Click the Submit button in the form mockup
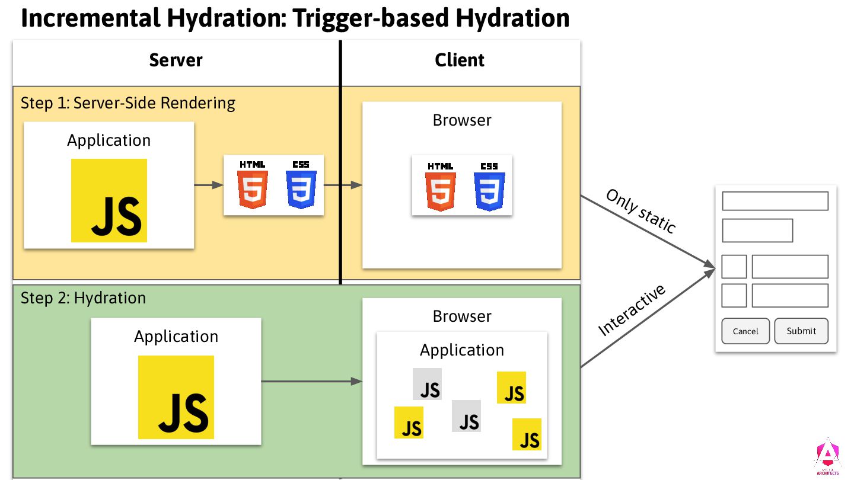click(801, 331)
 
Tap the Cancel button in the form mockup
click(745, 331)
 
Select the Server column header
click(176, 60)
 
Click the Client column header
click(460, 60)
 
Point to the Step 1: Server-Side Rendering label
click(128, 103)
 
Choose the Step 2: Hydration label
click(83, 297)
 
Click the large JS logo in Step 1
click(109, 200)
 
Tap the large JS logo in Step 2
click(176, 397)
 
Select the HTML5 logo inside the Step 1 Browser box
click(441, 185)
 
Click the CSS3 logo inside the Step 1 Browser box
click(489, 185)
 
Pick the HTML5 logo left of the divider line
click(253, 184)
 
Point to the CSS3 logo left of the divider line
click(301, 184)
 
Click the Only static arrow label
click(640, 211)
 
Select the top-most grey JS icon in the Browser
click(428, 384)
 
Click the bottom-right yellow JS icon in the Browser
click(527, 434)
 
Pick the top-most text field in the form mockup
click(775, 201)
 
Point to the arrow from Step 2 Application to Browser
click(311, 382)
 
